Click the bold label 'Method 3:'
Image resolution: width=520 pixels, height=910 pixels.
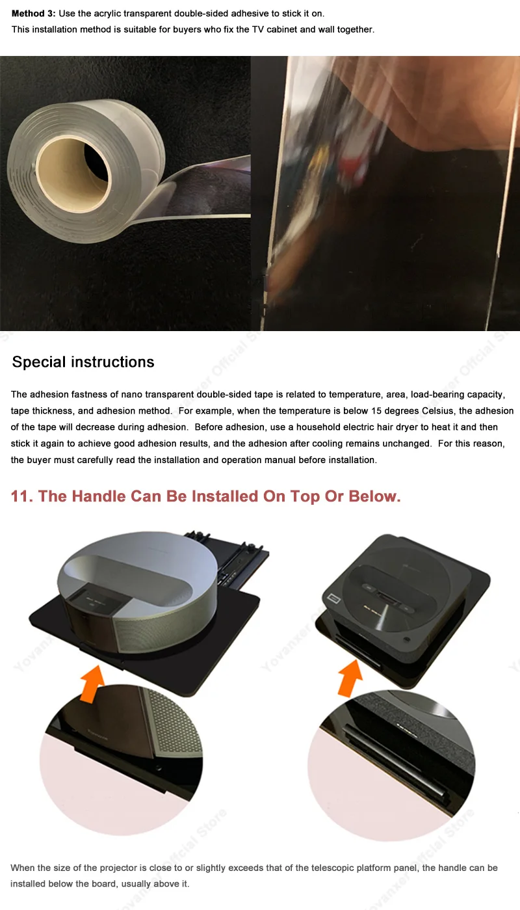[34, 13]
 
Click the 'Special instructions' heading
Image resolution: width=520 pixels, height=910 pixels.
[83, 362]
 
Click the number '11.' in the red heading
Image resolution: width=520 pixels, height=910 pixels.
[22, 496]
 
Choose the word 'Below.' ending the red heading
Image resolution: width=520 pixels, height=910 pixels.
[374, 496]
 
